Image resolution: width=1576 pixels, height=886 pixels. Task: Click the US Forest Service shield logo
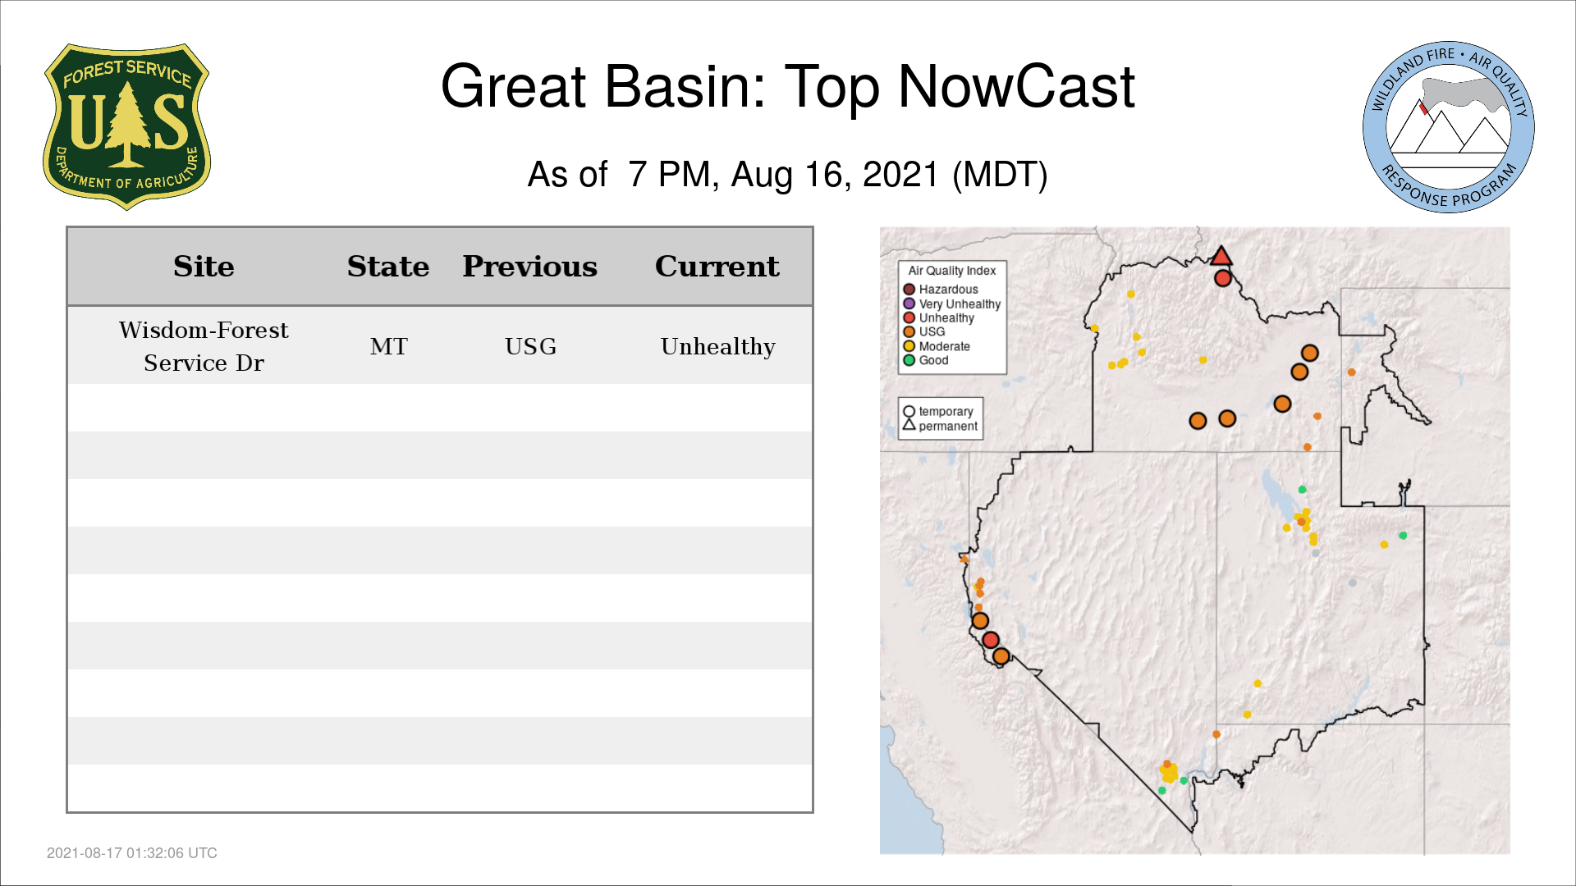pos(126,127)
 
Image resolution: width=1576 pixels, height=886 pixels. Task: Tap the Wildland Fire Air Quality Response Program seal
pos(1448,127)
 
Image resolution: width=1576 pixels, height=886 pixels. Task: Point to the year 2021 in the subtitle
pos(900,175)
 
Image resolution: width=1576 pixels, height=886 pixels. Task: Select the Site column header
pos(204,267)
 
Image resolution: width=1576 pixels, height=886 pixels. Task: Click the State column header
pos(388,267)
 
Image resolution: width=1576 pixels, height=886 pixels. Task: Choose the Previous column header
pos(530,267)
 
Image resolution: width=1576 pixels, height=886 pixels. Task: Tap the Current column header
pos(717,267)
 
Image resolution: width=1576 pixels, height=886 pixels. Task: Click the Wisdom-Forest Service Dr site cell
pos(204,346)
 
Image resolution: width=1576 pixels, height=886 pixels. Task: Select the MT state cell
pos(388,346)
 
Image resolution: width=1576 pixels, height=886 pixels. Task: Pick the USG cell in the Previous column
pos(530,346)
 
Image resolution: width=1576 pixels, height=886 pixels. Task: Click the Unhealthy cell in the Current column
pos(718,347)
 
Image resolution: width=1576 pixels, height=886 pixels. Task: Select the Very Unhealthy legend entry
pos(952,304)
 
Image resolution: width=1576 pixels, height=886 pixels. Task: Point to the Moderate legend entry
pos(937,346)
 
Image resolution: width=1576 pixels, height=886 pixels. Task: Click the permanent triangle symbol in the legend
pos(909,424)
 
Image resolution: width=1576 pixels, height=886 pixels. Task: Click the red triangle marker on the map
pos(1221,256)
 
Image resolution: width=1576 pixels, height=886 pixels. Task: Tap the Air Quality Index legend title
pos(952,271)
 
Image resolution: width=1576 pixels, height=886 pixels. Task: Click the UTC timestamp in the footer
pos(132,853)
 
